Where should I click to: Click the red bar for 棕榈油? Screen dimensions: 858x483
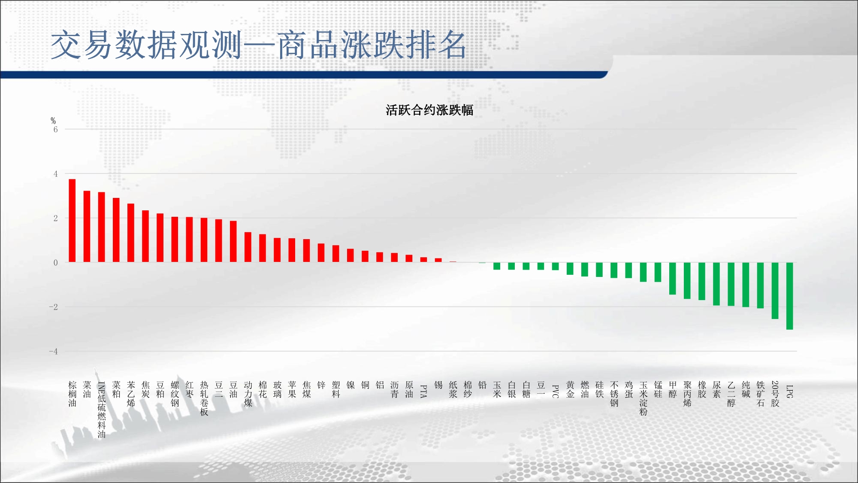pyautogui.click(x=72, y=221)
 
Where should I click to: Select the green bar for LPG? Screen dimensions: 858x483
pyautogui.click(x=789, y=296)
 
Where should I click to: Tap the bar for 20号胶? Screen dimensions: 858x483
pyautogui.click(x=775, y=291)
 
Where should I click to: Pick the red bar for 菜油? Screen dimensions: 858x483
pyautogui.click(x=87, y=226)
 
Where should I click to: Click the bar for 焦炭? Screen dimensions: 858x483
pyautogui.click(x=145, y=236)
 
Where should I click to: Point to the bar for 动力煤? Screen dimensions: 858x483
pyautogui.click(x=248, y=247)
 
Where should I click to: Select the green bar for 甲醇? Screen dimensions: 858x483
pyautogui.click(x=673, y=279)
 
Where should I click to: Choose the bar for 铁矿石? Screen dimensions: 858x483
pyautogui.click(x=760, y=286)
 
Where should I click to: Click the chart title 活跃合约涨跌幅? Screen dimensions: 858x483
pyautogui.click(x=429, y=110)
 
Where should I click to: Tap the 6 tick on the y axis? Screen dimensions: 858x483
pyautogui.click(x=55, y=129)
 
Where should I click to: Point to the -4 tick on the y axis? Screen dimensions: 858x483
pyautogui.click(x=53, y=352)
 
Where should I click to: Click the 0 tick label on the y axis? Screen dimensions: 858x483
pyautogui.click(x=55, y=263)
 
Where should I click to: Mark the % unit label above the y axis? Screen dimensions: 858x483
pyautogui.click(x=53, y=121)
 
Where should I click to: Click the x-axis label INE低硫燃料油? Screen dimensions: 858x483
pyautogui.click(x=102, y=410)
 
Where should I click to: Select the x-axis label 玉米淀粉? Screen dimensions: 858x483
pyautogui.click(x=643, y=398)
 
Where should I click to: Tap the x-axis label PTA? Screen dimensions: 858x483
pyautogui.click(x=424, y=391)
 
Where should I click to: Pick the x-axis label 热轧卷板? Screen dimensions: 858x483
pyautogui.click(x=204, y=398)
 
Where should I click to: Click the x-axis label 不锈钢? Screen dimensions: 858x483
pyautogui.click(x=614, y=394)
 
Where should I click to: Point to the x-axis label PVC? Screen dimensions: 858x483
pyautogui.click(x=556, y=391)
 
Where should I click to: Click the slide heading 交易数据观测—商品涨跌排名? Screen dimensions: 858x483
pyautogui.click(x=259, y=45)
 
